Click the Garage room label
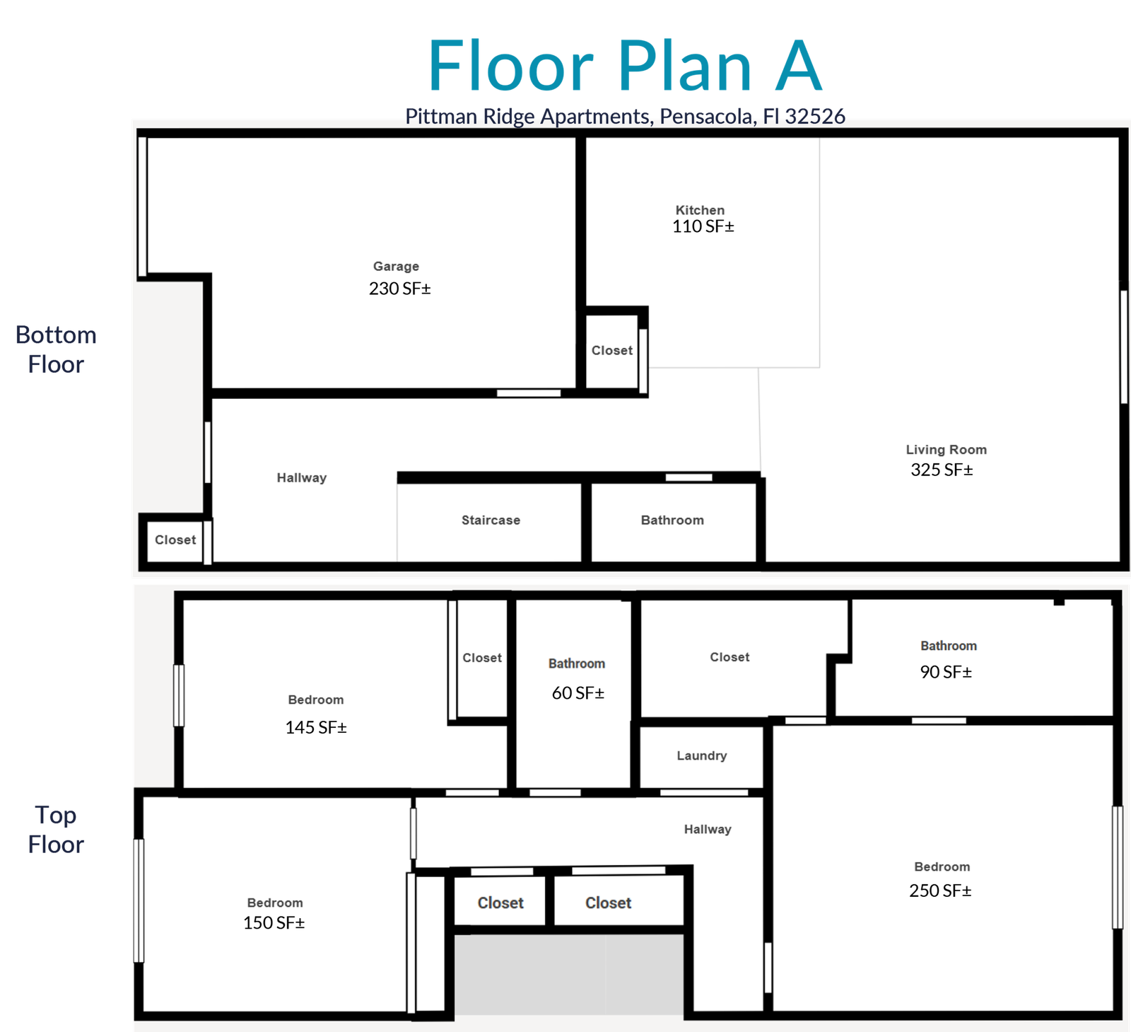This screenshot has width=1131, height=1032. click(396, 267)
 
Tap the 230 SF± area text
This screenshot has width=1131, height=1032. click(400, 289)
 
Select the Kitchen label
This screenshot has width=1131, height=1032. click(700, 210)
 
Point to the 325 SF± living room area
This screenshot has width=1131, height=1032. click(942, 470)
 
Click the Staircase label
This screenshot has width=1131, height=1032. click(491, 520)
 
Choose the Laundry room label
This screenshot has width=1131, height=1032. click(701, 755)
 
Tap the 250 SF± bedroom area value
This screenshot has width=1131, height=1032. click(940, 891)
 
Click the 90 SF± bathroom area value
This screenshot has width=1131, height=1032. click(946, 672)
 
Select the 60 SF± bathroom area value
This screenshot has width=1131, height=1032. click(578, 693)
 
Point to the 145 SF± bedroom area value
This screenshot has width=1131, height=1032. click(316, 728)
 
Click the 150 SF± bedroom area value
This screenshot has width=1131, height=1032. click(274, 923)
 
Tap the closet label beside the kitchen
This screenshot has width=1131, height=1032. click(612, 350)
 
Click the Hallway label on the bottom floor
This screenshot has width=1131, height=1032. click(302, 477)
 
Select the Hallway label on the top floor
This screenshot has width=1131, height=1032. click(708, 829)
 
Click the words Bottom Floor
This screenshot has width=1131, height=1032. click(56, 349)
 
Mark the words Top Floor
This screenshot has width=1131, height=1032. click(56, 830)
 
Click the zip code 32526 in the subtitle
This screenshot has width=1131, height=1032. click(815, 116)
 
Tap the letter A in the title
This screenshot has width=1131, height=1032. click(799, 66)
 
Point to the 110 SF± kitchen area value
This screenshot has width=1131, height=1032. click(703, 226)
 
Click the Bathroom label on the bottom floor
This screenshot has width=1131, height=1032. click(672, 520)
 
